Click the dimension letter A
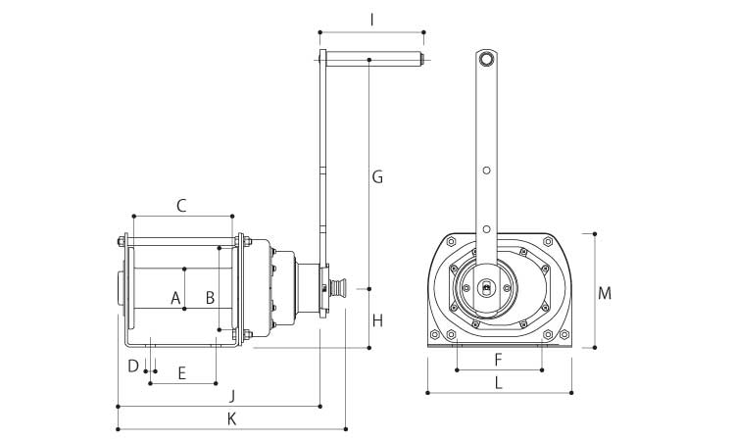pyautogui.click(x=175, y=297)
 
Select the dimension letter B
pyautogui.click(x=209, y=297)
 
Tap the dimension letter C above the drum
pyautogui.click(x=181, y=206)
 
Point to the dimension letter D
pyautogui.click(x=132, y=367)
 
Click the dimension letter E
pyautogui.click(x=181, y=372)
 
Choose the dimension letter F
pyautogui.click(x=498, y=359)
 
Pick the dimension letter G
pyautogui.click(x=377, y=177)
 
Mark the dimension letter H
pyautogui.click(x=377, y=320)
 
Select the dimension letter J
pyautogui.click(x=231, y=395)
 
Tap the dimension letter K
pyautogui.click(x=231, y=418)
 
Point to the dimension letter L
pyautogui.click(x=499, y=383)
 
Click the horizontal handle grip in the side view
pyautogui.click(x=372, y=60)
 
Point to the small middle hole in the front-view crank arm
pyautogui.click(x=486, y=171)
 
